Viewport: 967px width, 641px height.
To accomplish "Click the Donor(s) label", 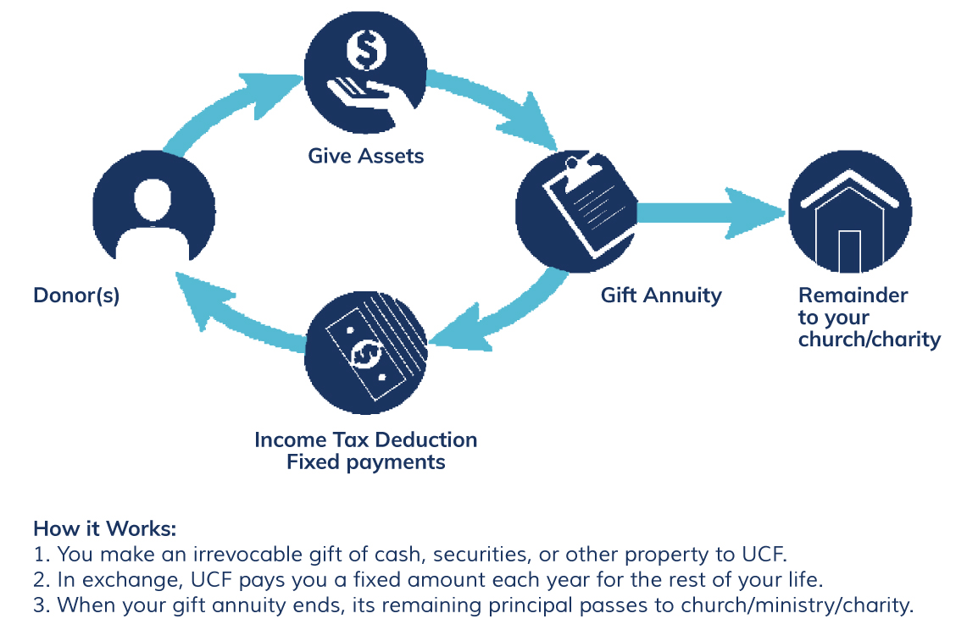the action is point(76,296).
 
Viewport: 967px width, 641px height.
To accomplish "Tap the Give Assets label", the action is point(366,156).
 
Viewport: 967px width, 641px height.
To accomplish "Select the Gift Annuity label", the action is point(661,296).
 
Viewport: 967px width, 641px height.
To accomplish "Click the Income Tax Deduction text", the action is point(366,439).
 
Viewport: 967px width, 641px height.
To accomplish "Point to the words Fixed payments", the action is point(366,462).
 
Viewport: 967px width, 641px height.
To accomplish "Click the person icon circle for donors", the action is point(153,207).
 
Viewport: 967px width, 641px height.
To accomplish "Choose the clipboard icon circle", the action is point(576,212).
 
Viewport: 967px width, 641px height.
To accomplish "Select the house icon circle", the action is point(850,212).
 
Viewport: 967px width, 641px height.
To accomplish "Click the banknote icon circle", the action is point(366,352).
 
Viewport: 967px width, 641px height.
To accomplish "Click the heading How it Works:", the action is point(105,529).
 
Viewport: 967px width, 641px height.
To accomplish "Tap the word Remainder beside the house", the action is point(853,296).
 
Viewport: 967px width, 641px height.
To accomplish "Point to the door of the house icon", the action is point(849,251).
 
